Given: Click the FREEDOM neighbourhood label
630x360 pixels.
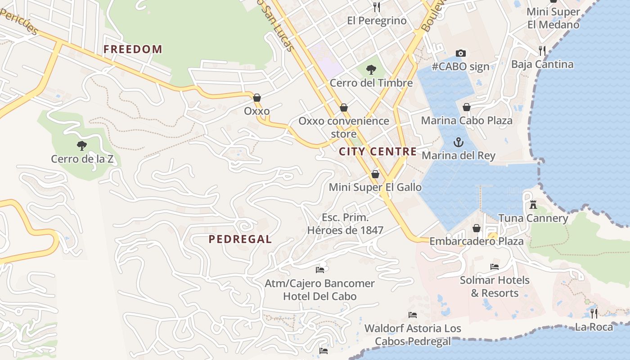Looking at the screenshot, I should pyautogui.click(x=133, y=49).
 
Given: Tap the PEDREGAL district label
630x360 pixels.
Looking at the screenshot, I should pyautogui.click(x=240, y=239).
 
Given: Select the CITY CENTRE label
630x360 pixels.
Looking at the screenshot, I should pyautogui.click(x=378, y=152).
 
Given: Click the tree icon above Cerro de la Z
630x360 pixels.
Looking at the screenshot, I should pyautogui.click(x=81, y=145).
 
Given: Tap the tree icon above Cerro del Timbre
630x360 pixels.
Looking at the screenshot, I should pyautogui.click(x=371, y=69).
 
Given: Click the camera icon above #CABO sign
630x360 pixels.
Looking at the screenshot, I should pyautogui.click(x=460, y=53).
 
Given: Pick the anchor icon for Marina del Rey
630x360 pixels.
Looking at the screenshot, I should pyautogui.click(x=458, y=142).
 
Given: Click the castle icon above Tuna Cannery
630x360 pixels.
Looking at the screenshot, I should pyautogui.click(x=533, y=205).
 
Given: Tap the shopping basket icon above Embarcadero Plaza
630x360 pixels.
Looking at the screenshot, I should pyautogui.click(x=477, y=229).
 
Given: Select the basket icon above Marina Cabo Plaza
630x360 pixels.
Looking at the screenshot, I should pyautogui.click(x=467, y=107).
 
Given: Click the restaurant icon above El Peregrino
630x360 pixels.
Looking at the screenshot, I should pyautogui.click(x=377, y=7).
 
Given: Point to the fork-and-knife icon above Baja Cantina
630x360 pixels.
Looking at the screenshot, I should pyautogui.click(x=542, y=50).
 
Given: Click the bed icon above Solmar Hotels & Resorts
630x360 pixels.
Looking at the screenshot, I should pyautogui.click(x=495, y=266).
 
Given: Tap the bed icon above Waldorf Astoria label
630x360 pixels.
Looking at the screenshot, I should pyautogui.click(x=413, y=315).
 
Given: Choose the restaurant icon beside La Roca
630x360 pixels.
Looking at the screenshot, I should pyautogui.click(x=594, y=313).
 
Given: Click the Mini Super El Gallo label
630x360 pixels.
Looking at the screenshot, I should pyautogui.click(x=375, y=187).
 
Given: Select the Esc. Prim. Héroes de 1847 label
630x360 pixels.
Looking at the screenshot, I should pyautogui.click(x=345, y=224).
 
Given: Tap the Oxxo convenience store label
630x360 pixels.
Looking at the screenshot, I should pyautogui.click(x=344, y=127).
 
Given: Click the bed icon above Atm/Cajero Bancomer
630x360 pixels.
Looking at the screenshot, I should pyautogui.click(x=320, y=270).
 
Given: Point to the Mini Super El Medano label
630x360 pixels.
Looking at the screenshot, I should pyautogui.click(x=553, y=18).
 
